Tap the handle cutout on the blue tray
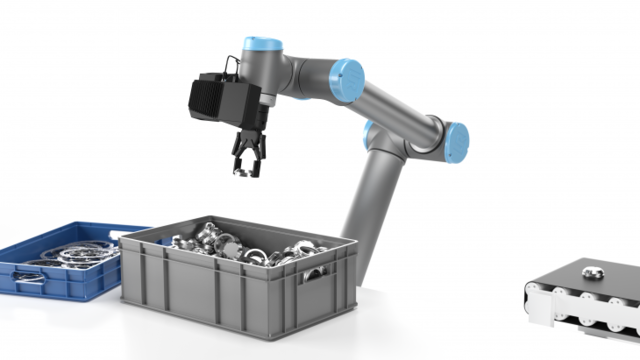[x=30, y=282]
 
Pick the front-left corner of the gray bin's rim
[x=123, y=240]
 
